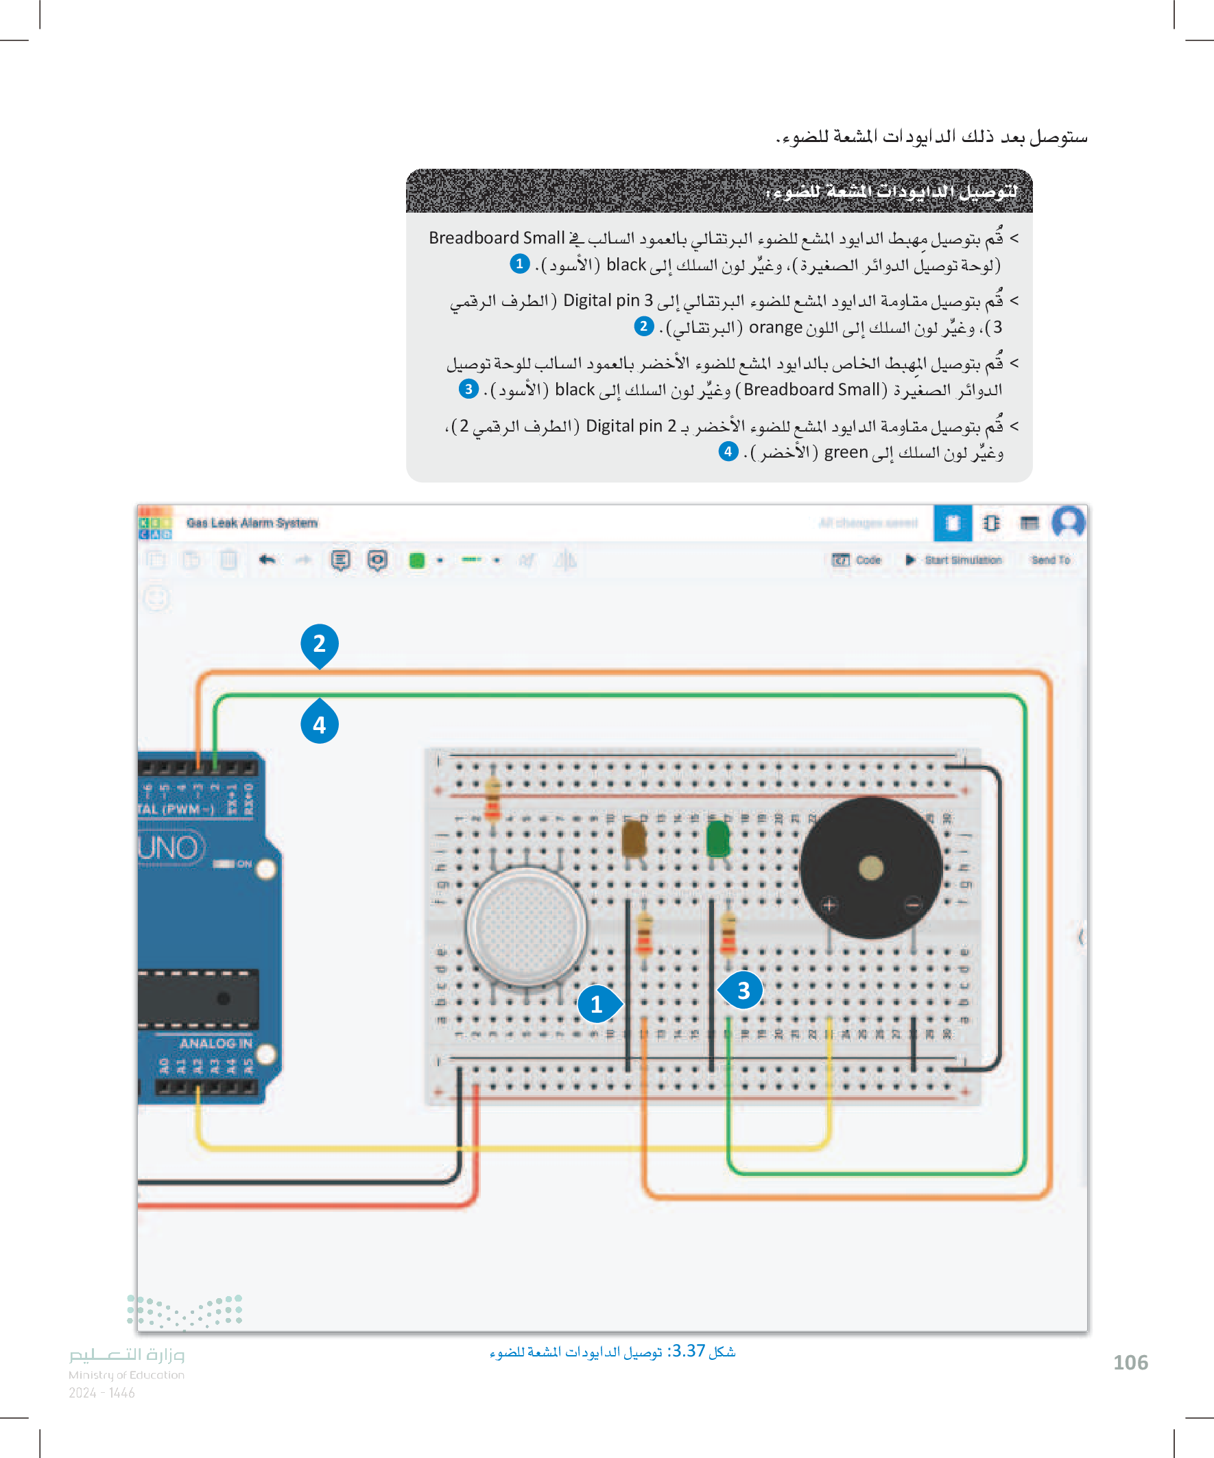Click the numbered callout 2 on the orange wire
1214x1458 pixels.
pos(320,644)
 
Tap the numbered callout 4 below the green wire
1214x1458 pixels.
pos(320,724)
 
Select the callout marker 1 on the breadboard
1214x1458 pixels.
pos(596,1004)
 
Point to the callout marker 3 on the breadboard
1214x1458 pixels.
pos(743,990)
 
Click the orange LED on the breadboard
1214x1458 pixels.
pos(634,838)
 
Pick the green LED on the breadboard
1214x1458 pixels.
pos(717,838)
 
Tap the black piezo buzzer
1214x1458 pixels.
pos(870,868)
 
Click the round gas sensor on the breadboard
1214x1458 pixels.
pos(526,926)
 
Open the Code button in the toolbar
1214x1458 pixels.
pos(857,560)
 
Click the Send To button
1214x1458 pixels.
pos(1050,560)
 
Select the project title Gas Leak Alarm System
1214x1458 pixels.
pos(252,523)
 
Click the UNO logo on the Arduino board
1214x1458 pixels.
pos(169,848)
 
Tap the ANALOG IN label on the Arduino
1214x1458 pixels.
pos(215,1043)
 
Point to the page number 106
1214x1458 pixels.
pos(1130,1362)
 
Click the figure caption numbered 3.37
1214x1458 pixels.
pos(612,1351)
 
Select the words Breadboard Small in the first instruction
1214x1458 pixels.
pos(497,238)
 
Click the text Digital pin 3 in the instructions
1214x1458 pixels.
pos(608,301)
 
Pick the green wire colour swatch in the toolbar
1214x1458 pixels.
pos(417,561)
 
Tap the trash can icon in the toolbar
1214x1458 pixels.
pos(228,560)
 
